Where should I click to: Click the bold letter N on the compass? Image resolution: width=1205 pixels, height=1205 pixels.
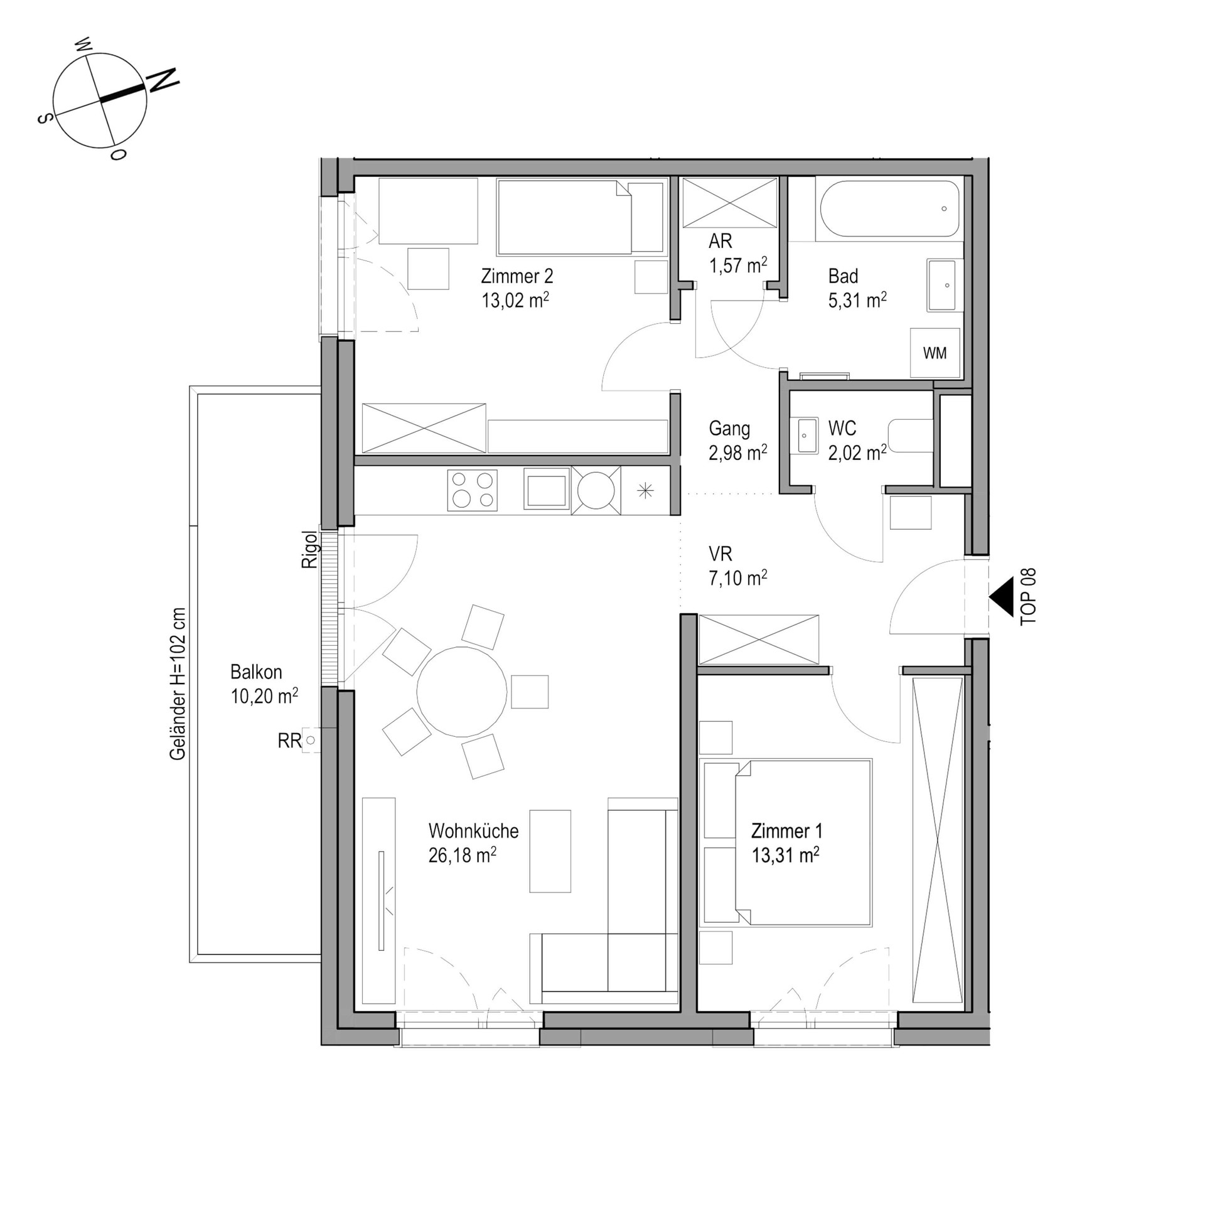[163, 80]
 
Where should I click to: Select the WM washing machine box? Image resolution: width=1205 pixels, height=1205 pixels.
[935, 353]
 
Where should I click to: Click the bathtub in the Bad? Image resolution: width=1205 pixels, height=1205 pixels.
[889, 209]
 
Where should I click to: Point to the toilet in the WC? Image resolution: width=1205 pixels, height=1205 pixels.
[911, 436]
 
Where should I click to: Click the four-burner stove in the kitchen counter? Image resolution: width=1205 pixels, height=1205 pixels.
[472, 490]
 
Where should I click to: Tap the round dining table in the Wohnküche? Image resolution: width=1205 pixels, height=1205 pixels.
[462, 692]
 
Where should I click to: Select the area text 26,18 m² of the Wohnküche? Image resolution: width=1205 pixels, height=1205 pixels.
[463, 855]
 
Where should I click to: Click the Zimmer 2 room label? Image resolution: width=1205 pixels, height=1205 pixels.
[517, 276]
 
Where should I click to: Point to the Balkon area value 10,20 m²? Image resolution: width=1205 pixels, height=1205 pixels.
[264, 695]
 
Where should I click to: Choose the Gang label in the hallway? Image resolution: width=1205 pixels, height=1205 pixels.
[729, 429]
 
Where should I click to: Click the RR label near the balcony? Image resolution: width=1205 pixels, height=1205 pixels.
[289, 741]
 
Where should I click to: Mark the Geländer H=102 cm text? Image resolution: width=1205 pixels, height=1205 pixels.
[178, 684]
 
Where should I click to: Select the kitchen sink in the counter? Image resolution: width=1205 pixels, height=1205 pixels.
[546, 490]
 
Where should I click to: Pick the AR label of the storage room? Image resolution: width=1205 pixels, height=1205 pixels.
[720, 241]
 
